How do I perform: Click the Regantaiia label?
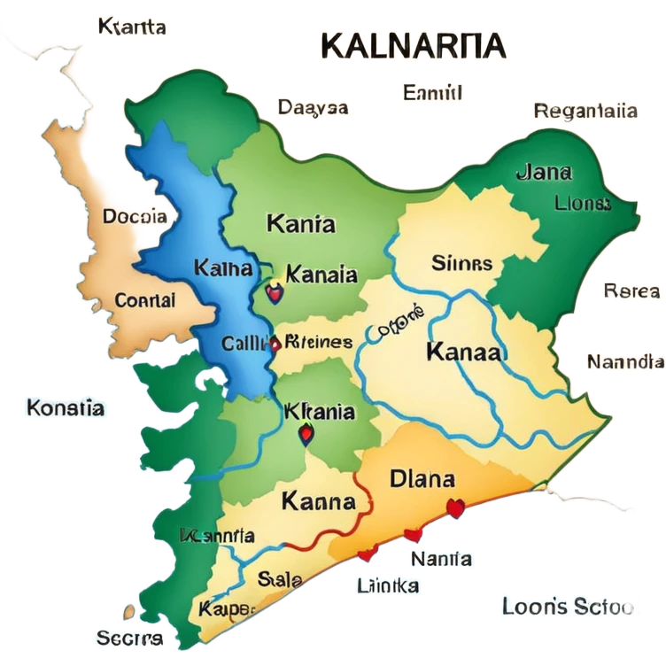coord(585,112)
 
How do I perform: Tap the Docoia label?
coord(134,215)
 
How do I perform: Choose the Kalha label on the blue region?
coord(222,267)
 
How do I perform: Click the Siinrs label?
coord(461,262)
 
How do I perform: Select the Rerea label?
coord(631,290)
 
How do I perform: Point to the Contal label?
coord(145,299)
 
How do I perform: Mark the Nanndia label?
coord(624,361)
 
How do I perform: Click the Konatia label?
coord(66,408)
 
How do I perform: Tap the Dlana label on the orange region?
coord(422,479)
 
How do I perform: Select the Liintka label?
coord(389,585)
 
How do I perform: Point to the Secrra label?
coord(129,638)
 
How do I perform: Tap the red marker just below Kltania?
coord(306,433)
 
